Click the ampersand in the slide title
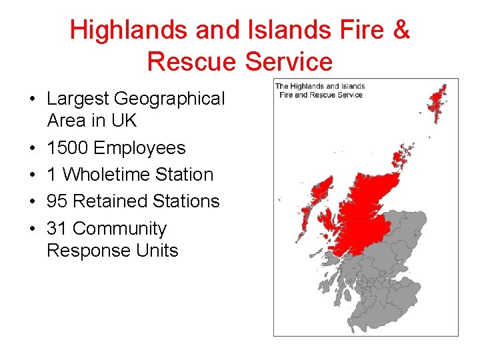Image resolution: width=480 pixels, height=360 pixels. click(401, 30)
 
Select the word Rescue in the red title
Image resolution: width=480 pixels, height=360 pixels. click(193, 61)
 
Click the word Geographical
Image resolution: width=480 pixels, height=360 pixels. click(169, 99)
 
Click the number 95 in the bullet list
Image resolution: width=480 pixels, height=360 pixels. click(57, 201)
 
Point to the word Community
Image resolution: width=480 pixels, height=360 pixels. click(119, 229)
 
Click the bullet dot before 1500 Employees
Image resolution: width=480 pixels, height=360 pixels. click(32, 148)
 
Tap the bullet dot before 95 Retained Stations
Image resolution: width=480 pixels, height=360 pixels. click(32, 201)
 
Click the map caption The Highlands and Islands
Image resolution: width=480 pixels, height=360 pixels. click(320, 86)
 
